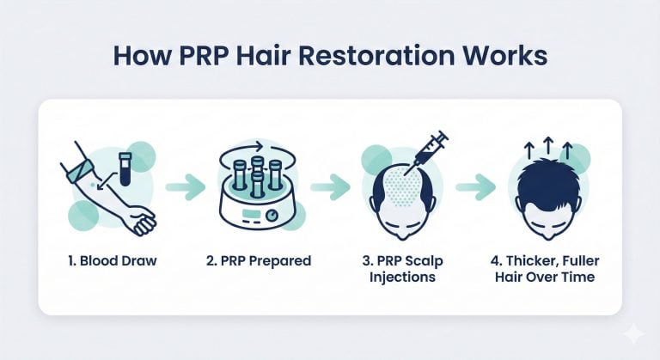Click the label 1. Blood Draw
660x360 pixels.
pyautogui.click(x=112, y=260)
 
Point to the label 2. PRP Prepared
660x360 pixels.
pyautogui.click(x=259, y=261)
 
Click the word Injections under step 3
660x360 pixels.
pyautogui.click(x=402, y=278)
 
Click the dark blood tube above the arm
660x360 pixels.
pyautogui.click(x=125, y=169)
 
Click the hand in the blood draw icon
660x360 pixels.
pyautogui.click(x=143, y=221)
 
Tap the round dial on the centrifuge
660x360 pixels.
pyautogui.click(x=272, y=216)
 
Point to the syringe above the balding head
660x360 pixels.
pyautogui.click(x=426, y=152)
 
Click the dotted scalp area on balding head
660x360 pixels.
pyautogui.click(x=403, y=186)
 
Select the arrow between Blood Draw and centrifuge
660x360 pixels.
pyautogui.click(x=186, y=186)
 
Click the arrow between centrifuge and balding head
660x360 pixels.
pyautogui.click(x=330, y=186)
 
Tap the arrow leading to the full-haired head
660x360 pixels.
pyautogui.click(x=475, y=186)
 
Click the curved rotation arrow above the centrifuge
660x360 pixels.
pyautogui.click(x=241, y=149)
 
